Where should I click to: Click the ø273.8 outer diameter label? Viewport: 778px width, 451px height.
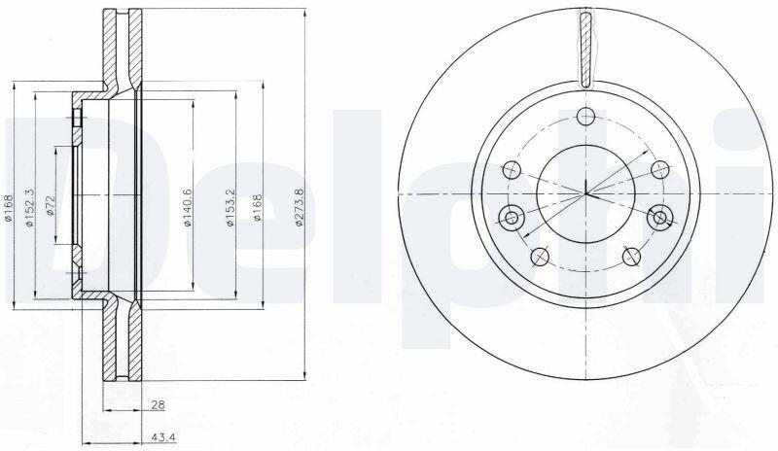coord(299,207)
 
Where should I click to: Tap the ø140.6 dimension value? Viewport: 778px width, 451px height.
coord(188,207)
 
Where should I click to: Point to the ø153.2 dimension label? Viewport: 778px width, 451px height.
coord(230,207)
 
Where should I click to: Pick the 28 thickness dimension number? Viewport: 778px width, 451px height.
coord(159,405)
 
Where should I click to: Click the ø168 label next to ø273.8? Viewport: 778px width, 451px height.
coord(257,207)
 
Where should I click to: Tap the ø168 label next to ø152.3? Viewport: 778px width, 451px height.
coord(8,207)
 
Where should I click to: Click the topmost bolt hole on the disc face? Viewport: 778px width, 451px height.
coord(586,117)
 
